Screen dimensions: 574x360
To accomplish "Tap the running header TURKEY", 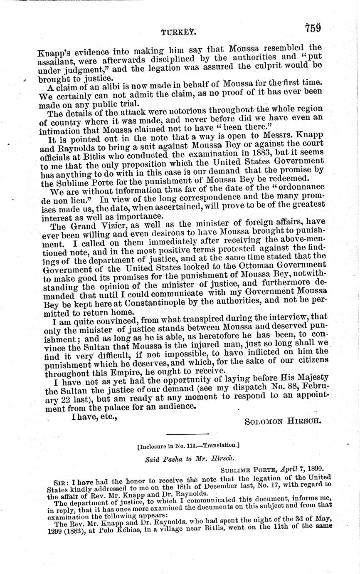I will coord(179,30).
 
